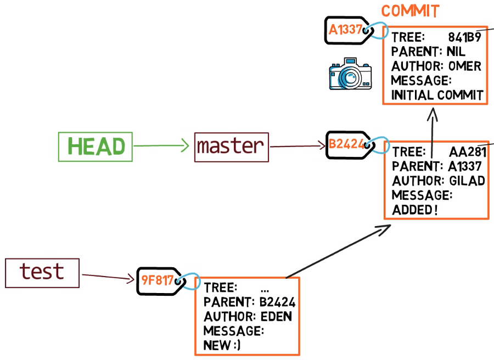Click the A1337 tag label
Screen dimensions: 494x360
point(346,30)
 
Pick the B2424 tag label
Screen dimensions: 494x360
point(346,144)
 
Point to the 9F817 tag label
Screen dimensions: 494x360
point(157,280)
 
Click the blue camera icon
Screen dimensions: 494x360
point(350,74)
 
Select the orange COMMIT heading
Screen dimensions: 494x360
point(410,11)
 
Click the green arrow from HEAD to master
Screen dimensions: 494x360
point(161,145)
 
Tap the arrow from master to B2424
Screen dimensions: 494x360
point(297,146)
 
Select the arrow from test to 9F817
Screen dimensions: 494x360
point(108,277)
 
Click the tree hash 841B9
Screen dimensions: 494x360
point(465,37)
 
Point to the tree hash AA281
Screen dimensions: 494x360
point(468,152)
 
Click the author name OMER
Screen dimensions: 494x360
point(465,66)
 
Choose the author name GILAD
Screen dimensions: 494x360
point(467,181)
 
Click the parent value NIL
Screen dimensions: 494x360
point(456,52)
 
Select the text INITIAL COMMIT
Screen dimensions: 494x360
point(437,95)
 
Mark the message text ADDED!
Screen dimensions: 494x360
point(415,210)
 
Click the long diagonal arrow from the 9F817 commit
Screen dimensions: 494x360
point(338,251)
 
